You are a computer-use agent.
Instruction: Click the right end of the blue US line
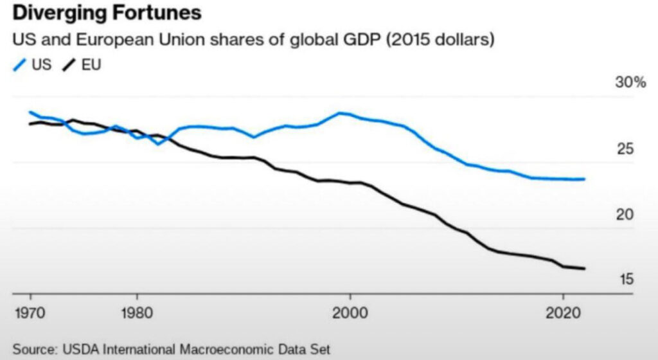pos(584,179)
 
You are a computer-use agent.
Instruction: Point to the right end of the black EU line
pos(584,269)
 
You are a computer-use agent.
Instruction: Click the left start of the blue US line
pos(30,112)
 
